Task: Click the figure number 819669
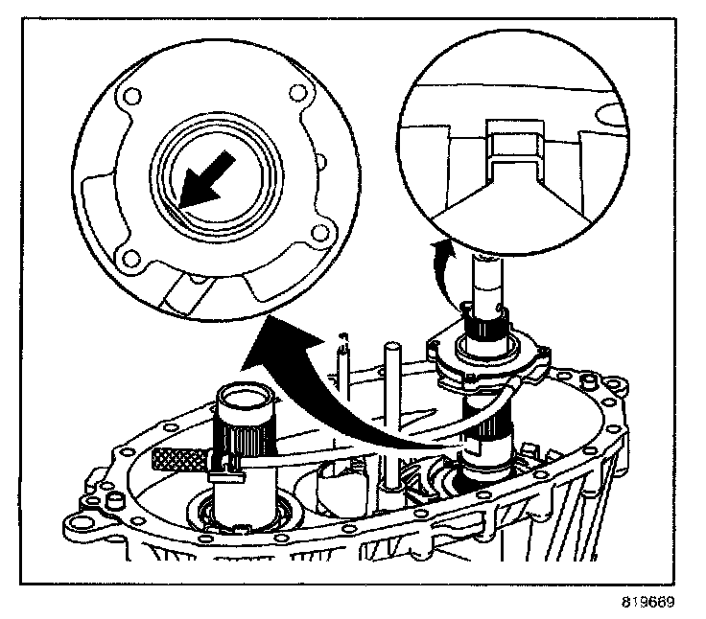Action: coord(647,603)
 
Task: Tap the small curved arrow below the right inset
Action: coord(440,258)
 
